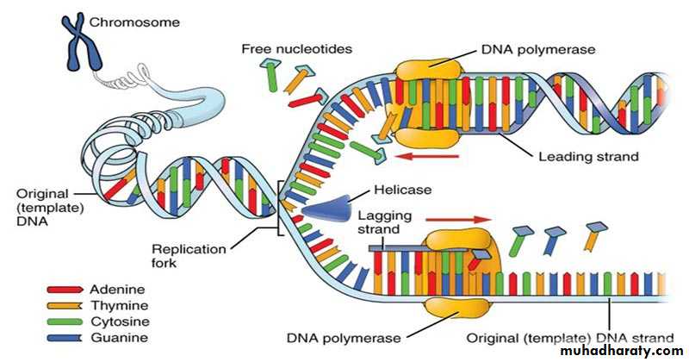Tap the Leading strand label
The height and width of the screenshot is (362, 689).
point(588,157)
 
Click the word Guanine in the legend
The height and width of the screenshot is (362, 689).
point(115,337)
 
